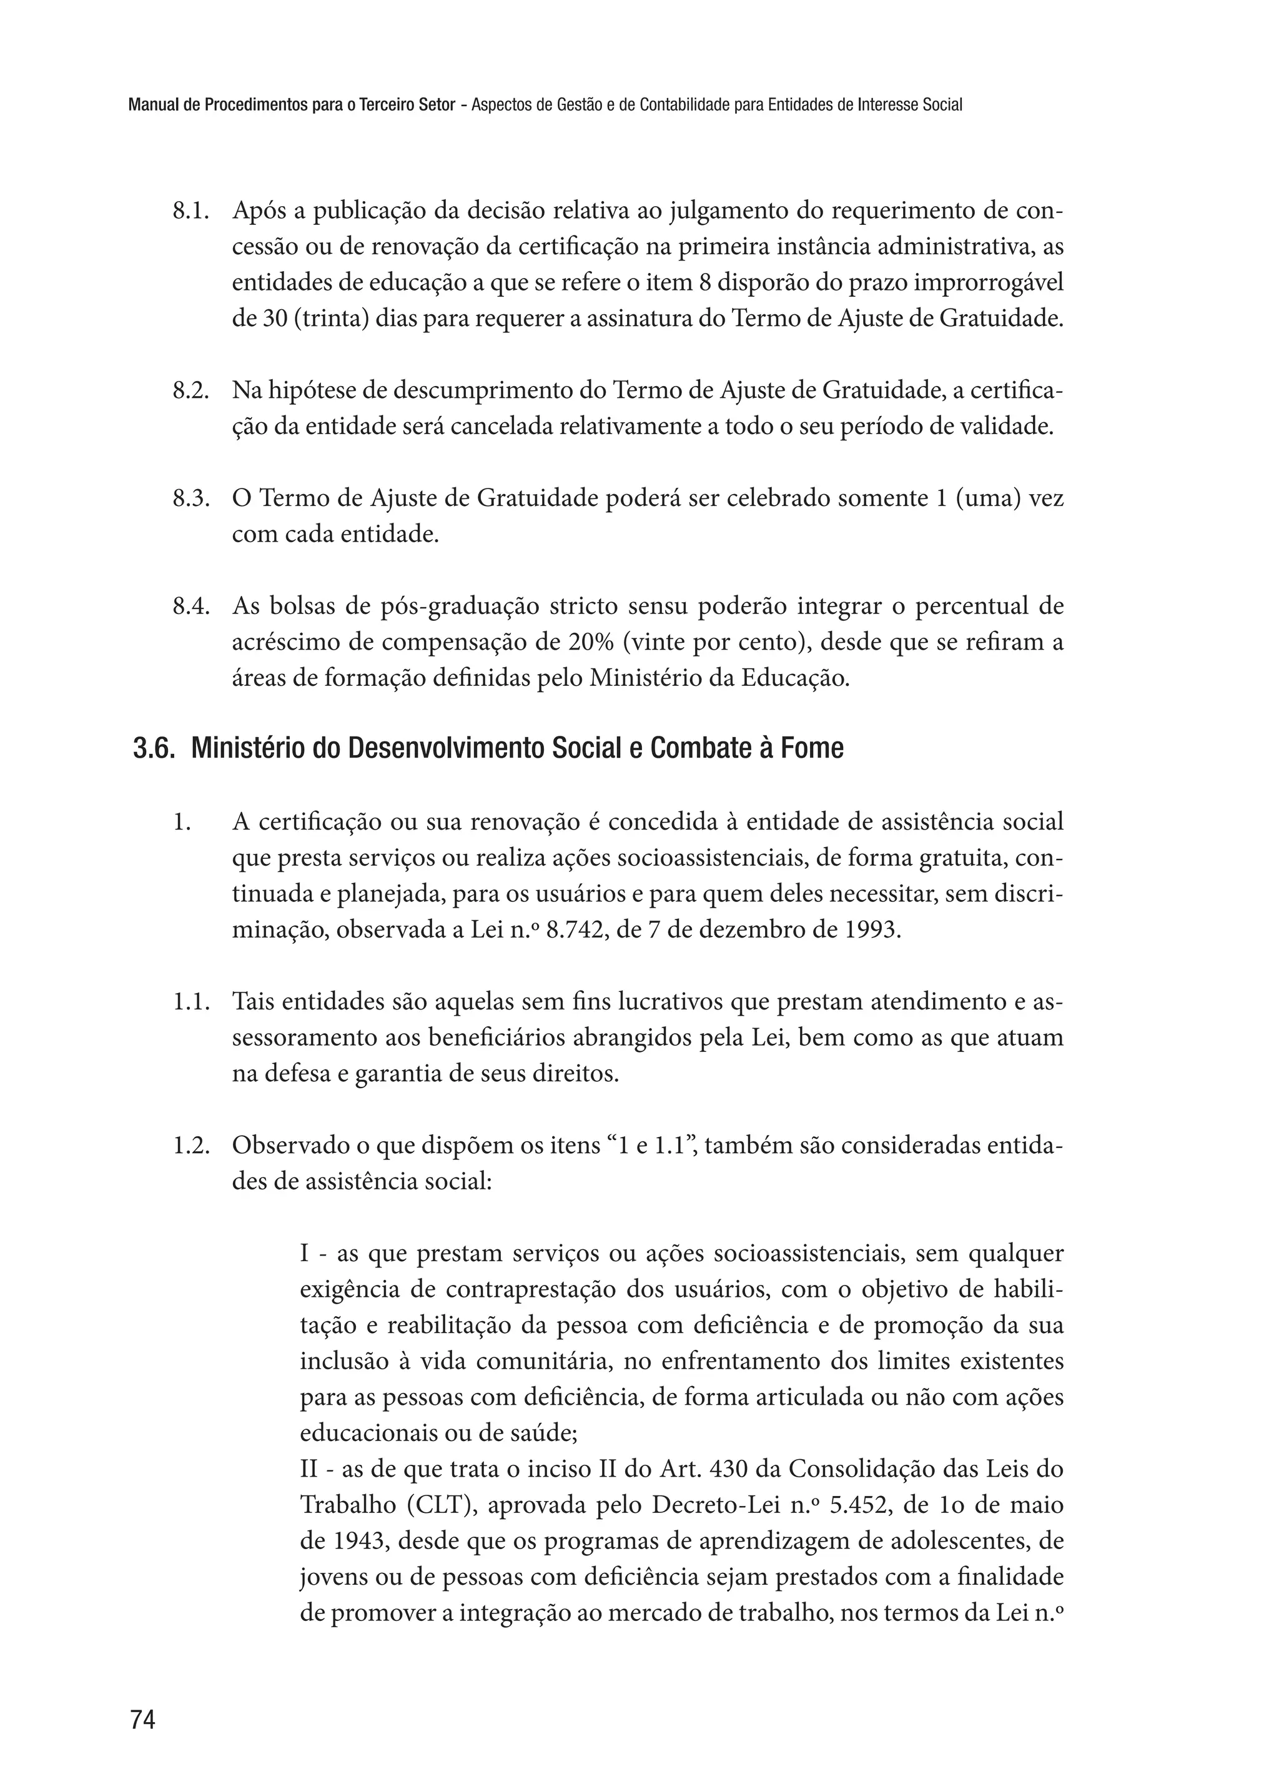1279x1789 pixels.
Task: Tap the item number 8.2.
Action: (x=190, y=391)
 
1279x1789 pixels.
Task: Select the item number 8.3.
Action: (x=190, y=498)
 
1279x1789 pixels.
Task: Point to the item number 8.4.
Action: (x=190, y=607)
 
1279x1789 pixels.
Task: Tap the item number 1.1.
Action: (x=190, y=1002)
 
